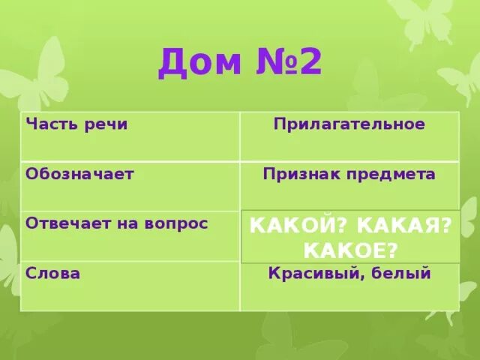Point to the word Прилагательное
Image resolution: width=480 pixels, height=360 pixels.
[349, 124]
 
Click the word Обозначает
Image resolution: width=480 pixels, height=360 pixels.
[79, 173]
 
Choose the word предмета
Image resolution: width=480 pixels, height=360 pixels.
[391, 174]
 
